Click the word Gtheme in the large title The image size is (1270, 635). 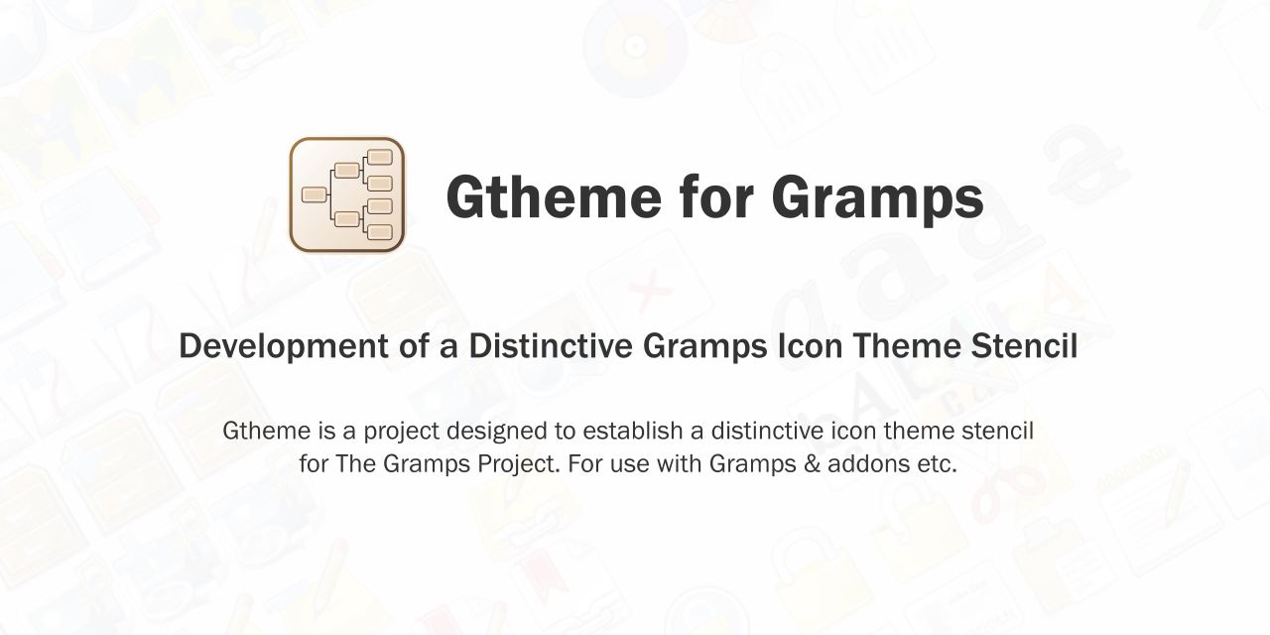pyautogui.click(x=554, y=196)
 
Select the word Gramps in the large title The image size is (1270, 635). pyautogui.click(x=877, y=199)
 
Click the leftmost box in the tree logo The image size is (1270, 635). pyautogui.click(x=314, y=194)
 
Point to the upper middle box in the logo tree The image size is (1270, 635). pyautogui.click(x=346, y=170)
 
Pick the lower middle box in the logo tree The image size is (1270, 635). pyautogui.click(x=346, y=219)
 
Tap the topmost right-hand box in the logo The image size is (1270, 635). pyautogui.click(x=380, y=157)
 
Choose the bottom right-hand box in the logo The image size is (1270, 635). pyautogui.click(x=380, y=232)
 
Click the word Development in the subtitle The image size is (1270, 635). pyautogui.click(x=284, y=347)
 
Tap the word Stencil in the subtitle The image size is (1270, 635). pyautogui.click(x=1024, y=346)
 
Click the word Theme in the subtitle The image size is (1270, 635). pyautogui.click(x=907, y=346)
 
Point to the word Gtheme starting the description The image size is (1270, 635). pyautogui.click(x=267, y=431)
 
